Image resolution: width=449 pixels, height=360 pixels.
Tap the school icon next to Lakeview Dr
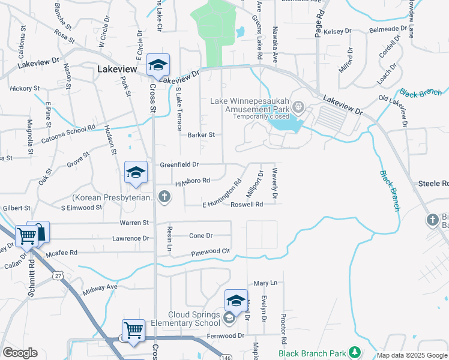coord(158,65)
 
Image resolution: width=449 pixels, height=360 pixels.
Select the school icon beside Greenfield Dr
coord(136,173)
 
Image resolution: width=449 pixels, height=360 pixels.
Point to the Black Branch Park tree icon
coord(355,351)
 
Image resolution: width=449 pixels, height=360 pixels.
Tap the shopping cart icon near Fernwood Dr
coord(133,330)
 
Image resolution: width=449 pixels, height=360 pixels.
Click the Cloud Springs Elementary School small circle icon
coord(229,317)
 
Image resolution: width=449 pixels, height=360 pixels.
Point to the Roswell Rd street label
coord(247,205)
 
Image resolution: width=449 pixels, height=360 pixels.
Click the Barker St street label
coord(200,135)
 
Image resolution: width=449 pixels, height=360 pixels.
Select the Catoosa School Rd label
coord(73,128)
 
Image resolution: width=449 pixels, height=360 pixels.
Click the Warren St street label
coord(134,223)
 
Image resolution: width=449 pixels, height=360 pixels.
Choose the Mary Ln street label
coord(265,283)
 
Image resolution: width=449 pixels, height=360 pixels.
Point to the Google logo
coord(20,352)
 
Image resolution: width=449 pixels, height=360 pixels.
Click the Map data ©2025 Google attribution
coord(412,355)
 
